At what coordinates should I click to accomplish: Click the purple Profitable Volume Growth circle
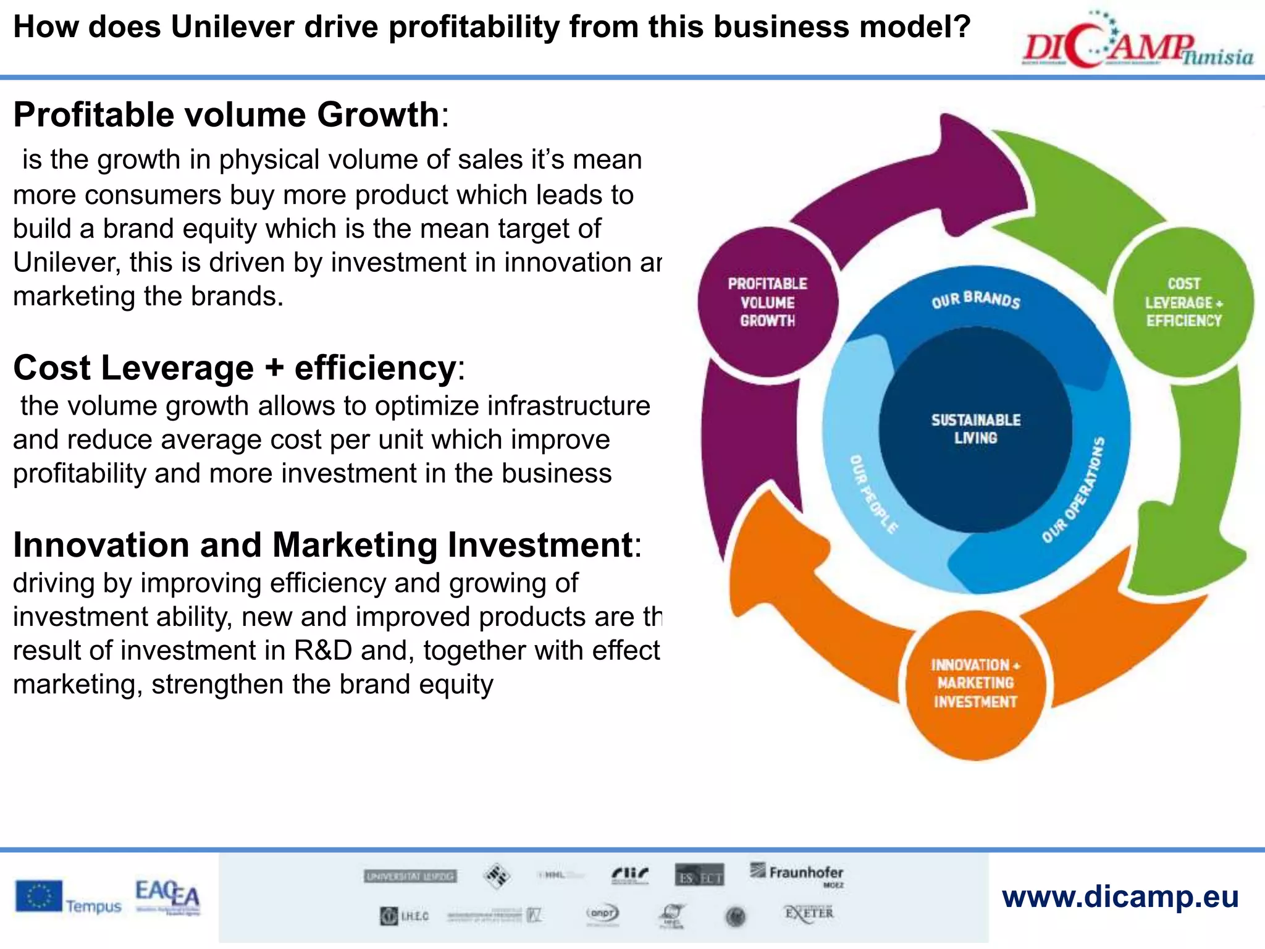[767, 302]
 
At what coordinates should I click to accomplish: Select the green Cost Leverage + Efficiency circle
[1183, 302]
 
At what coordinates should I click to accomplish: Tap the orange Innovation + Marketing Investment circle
[975, 683]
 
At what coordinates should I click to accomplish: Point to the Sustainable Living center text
[975, 429]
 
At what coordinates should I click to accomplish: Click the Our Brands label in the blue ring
[976, 300]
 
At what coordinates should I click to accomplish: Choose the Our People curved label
[873, 494]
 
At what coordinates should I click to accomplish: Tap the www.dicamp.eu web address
[1120, 896]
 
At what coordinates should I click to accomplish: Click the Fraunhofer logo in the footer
[798, 873]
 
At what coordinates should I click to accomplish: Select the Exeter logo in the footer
[809, 913]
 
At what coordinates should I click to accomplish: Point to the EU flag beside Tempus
[39, 896]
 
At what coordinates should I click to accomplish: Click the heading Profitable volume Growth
[226, 115]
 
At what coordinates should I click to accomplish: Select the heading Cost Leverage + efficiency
[235, 368]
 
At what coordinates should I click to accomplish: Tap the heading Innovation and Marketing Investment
[322, 546]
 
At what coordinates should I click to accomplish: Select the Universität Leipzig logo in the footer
[410, 876]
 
